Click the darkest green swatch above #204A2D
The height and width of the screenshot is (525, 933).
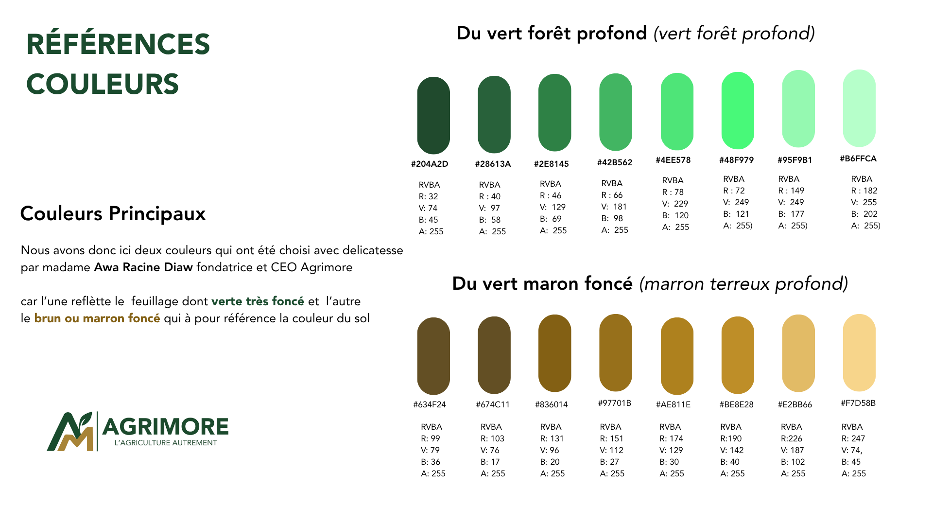[433, 115]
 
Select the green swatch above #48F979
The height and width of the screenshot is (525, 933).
[738, 110]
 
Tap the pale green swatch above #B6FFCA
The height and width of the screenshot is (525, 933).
[859, 108]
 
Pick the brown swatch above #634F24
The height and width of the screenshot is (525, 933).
[433, 356]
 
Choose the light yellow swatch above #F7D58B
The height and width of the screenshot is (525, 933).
[859, 352]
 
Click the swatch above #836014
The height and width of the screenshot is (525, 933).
[554, 353]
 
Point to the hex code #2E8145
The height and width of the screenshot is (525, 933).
[551, 164]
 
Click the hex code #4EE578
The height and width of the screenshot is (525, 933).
[673, 160]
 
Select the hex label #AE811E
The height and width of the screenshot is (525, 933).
[673, 404]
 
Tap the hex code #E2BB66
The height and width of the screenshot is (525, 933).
[795, 404]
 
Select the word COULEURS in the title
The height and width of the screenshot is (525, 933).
[103, 84]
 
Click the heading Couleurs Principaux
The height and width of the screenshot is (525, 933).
[113, 214]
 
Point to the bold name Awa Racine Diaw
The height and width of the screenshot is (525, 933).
[143, 267]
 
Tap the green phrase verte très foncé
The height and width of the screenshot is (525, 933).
[258, 301]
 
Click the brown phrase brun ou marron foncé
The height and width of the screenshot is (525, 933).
[97, 318]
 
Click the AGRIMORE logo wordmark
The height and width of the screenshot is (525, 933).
[165, 427]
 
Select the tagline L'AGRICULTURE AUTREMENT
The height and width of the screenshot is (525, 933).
[166, 443]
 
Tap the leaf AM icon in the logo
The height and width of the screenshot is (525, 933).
[70, 432]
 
